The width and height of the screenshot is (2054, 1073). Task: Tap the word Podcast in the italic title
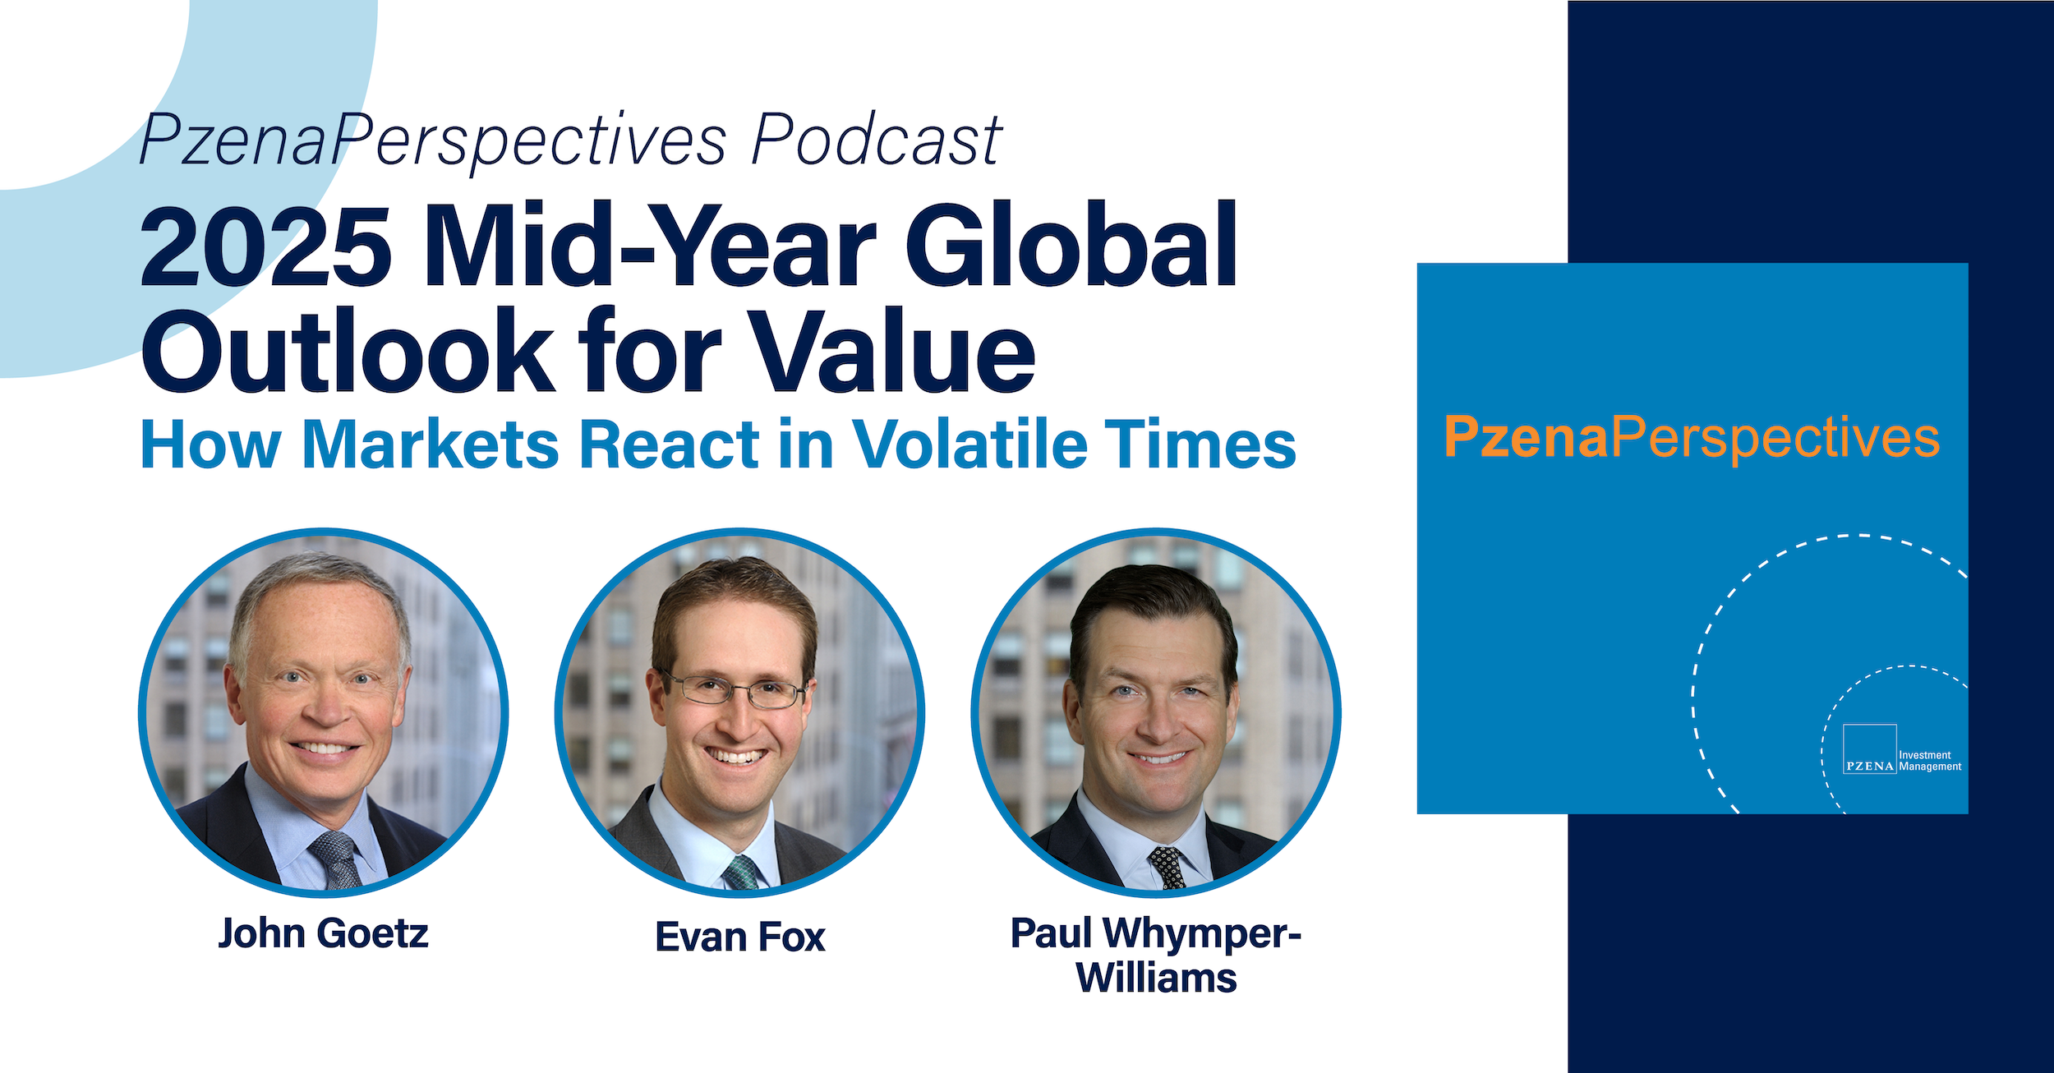pos(877,140)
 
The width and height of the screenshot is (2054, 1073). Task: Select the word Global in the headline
pos(1071,245)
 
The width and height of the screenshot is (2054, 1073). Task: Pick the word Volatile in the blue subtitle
pos(969,444)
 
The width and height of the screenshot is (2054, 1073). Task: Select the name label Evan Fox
pos(740,937)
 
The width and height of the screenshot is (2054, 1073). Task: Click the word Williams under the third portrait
pos(1156,979)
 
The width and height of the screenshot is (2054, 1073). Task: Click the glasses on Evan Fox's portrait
pos(734,690)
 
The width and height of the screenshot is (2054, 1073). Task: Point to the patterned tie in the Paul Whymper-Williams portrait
pos(1166,868)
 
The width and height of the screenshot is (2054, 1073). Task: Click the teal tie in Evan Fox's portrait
pos(741,872)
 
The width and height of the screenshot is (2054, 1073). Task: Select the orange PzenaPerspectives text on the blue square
pos(1692,438)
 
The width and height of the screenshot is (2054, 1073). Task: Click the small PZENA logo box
pos(1870,748)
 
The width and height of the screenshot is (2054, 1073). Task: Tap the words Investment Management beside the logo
pos(1930,761)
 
